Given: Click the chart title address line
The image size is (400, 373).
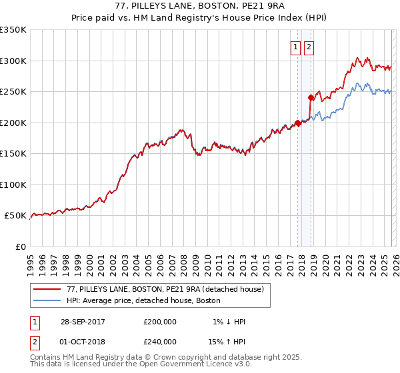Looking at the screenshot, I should point(200,7).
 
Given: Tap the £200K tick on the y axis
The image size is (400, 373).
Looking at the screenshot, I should point(13,123).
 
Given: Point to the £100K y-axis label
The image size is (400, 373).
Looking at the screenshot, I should point(13,185).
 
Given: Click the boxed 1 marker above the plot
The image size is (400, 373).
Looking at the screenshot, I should point(295,47).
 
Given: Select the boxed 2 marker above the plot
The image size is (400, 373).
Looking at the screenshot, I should point(310,47).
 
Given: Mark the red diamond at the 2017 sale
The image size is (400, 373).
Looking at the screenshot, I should point(297,123).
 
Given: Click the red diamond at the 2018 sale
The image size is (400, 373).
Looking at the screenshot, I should point(311,98).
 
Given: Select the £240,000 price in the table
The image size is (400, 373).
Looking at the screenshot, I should point(160,340).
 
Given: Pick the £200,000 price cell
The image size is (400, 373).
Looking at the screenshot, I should point(160,322).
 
